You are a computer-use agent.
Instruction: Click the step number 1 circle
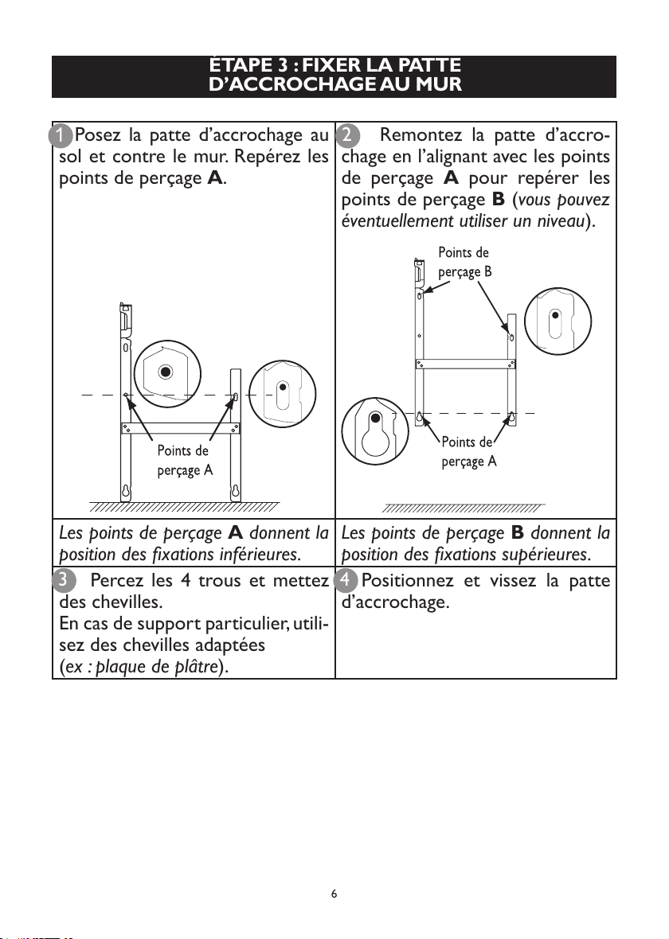tap(60, 135)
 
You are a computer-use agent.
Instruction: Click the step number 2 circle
tap(347, 135)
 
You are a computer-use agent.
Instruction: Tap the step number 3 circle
tap(64, 580)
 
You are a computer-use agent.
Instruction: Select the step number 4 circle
tap(346, 580)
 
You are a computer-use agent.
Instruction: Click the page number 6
tap(334, 894)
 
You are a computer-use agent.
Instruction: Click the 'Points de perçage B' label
tap(464, 263)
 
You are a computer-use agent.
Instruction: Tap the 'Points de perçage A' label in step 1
tap(185, 461)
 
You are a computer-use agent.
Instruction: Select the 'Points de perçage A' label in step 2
tap(469, 452)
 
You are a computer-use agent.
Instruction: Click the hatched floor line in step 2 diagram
tap(463, 508)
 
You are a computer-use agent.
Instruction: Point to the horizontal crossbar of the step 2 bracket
tap(465, 364)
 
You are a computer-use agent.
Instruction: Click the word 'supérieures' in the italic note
tap(552, 555)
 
